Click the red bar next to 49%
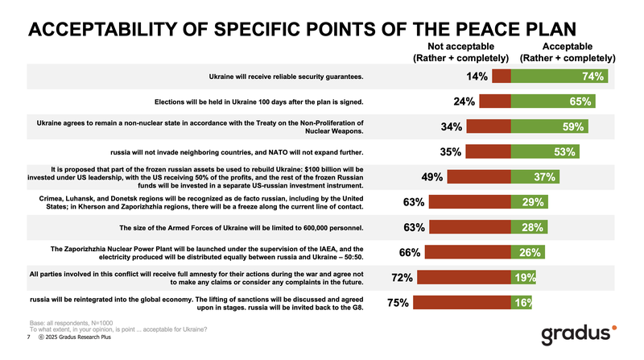coord(479,177)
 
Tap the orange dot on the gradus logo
coord(615,327)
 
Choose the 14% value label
coord(477,77)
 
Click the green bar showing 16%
coord(522,304)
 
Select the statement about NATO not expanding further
coord(237,152)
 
